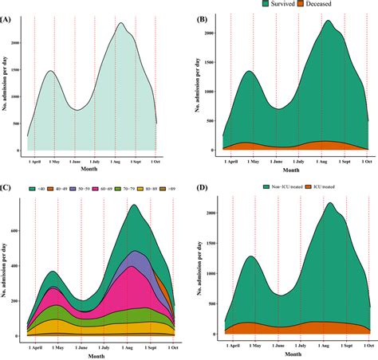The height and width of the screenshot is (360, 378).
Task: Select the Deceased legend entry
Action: (325, 5)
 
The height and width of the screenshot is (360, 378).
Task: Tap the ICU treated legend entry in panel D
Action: (311, 187)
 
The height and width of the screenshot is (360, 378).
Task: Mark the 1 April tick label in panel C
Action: (34, 346)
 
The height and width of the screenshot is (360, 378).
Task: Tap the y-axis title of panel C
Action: (6, 263)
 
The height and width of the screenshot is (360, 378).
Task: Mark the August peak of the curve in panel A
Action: (122, 23)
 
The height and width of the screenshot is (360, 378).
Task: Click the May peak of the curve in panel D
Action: (250, 256)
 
